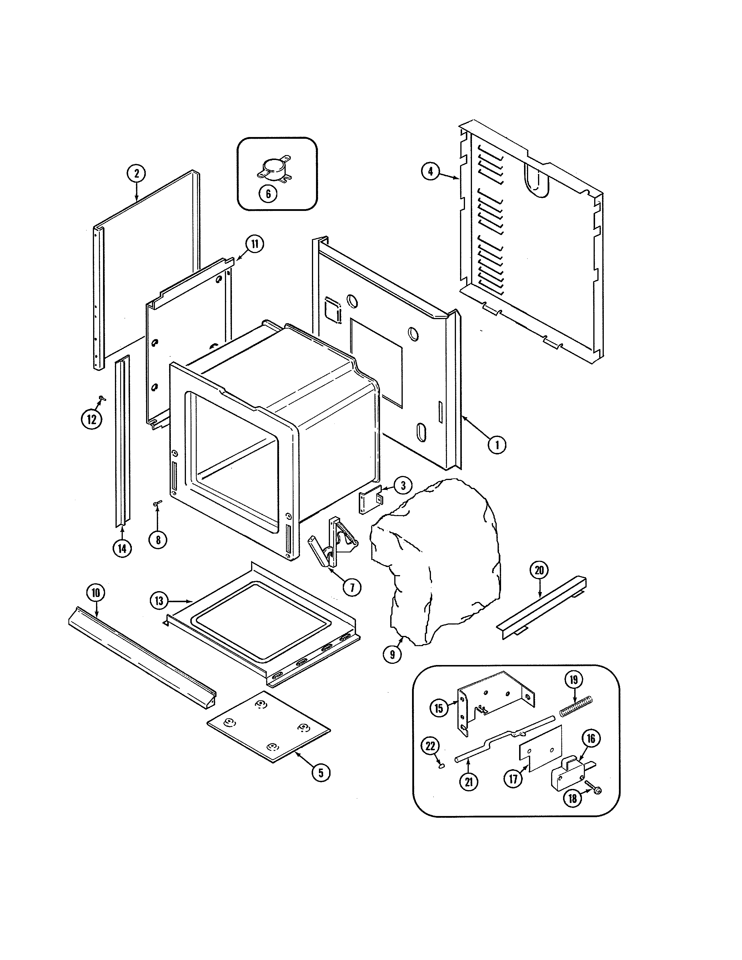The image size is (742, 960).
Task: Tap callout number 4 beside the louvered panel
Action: coord(430,171)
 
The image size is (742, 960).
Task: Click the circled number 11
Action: coord(255,244)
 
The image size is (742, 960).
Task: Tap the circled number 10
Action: coord(95,593)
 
